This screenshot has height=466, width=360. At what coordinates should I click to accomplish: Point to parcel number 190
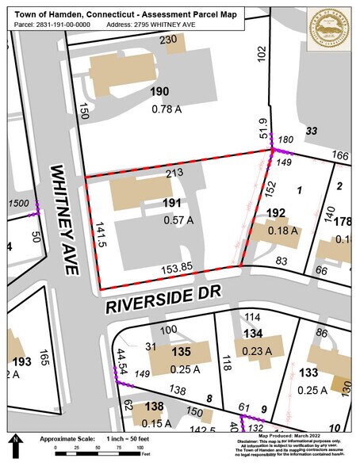(x=159, y=93)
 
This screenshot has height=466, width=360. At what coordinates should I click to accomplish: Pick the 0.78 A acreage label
(x=166, y=109)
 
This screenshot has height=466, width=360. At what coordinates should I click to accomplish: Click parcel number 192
(x=275, y=213)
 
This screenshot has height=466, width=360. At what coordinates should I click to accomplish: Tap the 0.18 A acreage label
(x=282, y=231)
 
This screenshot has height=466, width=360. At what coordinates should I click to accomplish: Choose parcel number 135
(x=181, y=351)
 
